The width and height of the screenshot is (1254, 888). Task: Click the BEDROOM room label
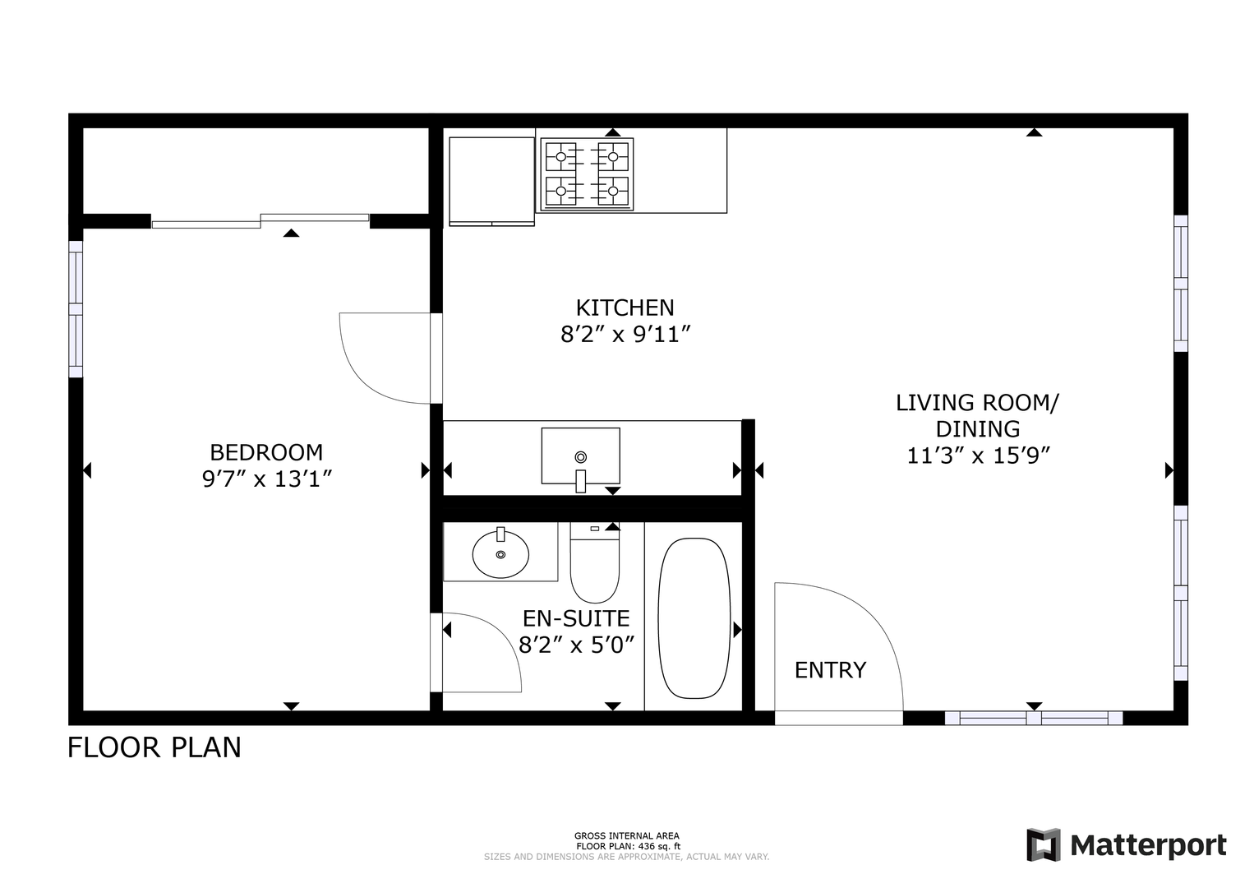266,452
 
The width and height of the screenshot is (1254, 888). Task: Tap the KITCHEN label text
625,308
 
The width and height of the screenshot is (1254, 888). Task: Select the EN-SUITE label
576,618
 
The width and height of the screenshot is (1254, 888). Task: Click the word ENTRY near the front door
830,670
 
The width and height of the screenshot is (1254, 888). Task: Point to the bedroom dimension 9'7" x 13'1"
267,479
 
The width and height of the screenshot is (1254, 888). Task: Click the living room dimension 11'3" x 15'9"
977,456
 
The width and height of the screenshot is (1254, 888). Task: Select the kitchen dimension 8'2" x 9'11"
625,335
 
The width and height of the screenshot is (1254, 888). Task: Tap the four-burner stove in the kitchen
587,174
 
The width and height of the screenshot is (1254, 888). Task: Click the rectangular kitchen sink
580,456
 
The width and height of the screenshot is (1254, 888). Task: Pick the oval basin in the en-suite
500,553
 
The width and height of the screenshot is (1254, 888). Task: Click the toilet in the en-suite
594,562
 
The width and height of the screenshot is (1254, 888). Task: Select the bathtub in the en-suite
694,618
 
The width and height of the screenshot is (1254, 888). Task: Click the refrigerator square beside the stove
491,180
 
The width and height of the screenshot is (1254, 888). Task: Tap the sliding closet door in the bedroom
260,220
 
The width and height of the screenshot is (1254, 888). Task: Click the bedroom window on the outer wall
76,309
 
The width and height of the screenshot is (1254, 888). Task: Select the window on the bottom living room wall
1034,718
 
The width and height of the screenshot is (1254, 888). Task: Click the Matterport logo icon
1044,844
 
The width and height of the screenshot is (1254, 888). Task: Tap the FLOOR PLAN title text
154,747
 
